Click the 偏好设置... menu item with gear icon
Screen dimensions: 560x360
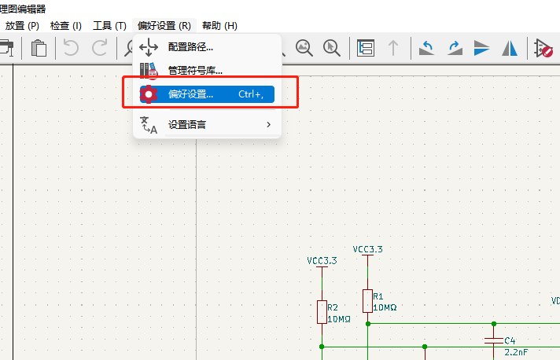[207, 94]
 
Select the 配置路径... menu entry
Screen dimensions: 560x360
[190, 46]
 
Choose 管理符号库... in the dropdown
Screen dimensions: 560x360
[194, 70]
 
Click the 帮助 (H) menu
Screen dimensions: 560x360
[219, 26]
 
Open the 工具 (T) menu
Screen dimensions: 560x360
[109, 26]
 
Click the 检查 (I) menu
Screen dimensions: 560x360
[66, 26]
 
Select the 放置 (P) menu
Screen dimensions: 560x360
[22, 26]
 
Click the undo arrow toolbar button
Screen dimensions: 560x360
[71, 48]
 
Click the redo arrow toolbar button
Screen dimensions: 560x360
[99, 48]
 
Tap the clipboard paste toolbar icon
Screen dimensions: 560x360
[39, 48]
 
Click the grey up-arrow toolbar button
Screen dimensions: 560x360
[393, 48]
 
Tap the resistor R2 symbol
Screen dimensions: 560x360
[322, 312]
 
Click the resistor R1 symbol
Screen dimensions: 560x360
[368, 301]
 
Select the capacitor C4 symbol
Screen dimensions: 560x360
[494, 340]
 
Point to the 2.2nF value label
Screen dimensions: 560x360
[516, 352]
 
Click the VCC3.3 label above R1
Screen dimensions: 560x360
[367, 249]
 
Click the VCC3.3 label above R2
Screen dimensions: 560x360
[322, 260]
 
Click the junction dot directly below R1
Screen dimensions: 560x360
[368, 324]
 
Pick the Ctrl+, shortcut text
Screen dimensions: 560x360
[251, 94]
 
